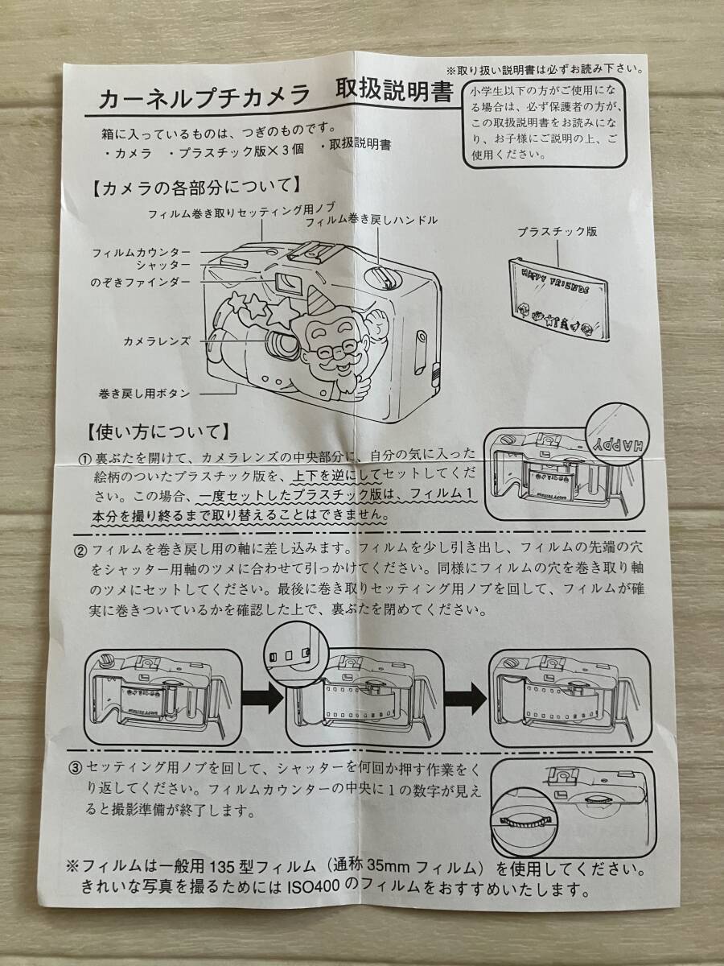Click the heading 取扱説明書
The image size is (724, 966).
395,91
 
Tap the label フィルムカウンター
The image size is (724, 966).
152,252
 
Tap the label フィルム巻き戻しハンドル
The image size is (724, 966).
371,220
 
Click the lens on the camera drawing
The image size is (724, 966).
284,344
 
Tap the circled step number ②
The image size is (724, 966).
81,551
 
